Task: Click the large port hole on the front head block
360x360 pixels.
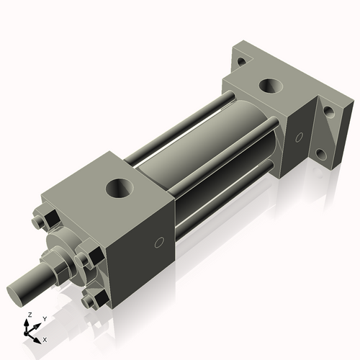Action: coord(120,189)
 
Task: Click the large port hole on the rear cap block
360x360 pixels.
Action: coord(272,86)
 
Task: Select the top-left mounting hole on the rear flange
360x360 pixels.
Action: coord(241,62)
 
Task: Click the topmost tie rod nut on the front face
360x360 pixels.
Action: coord(42,217)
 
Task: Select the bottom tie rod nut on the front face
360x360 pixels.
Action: coord(90,300)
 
